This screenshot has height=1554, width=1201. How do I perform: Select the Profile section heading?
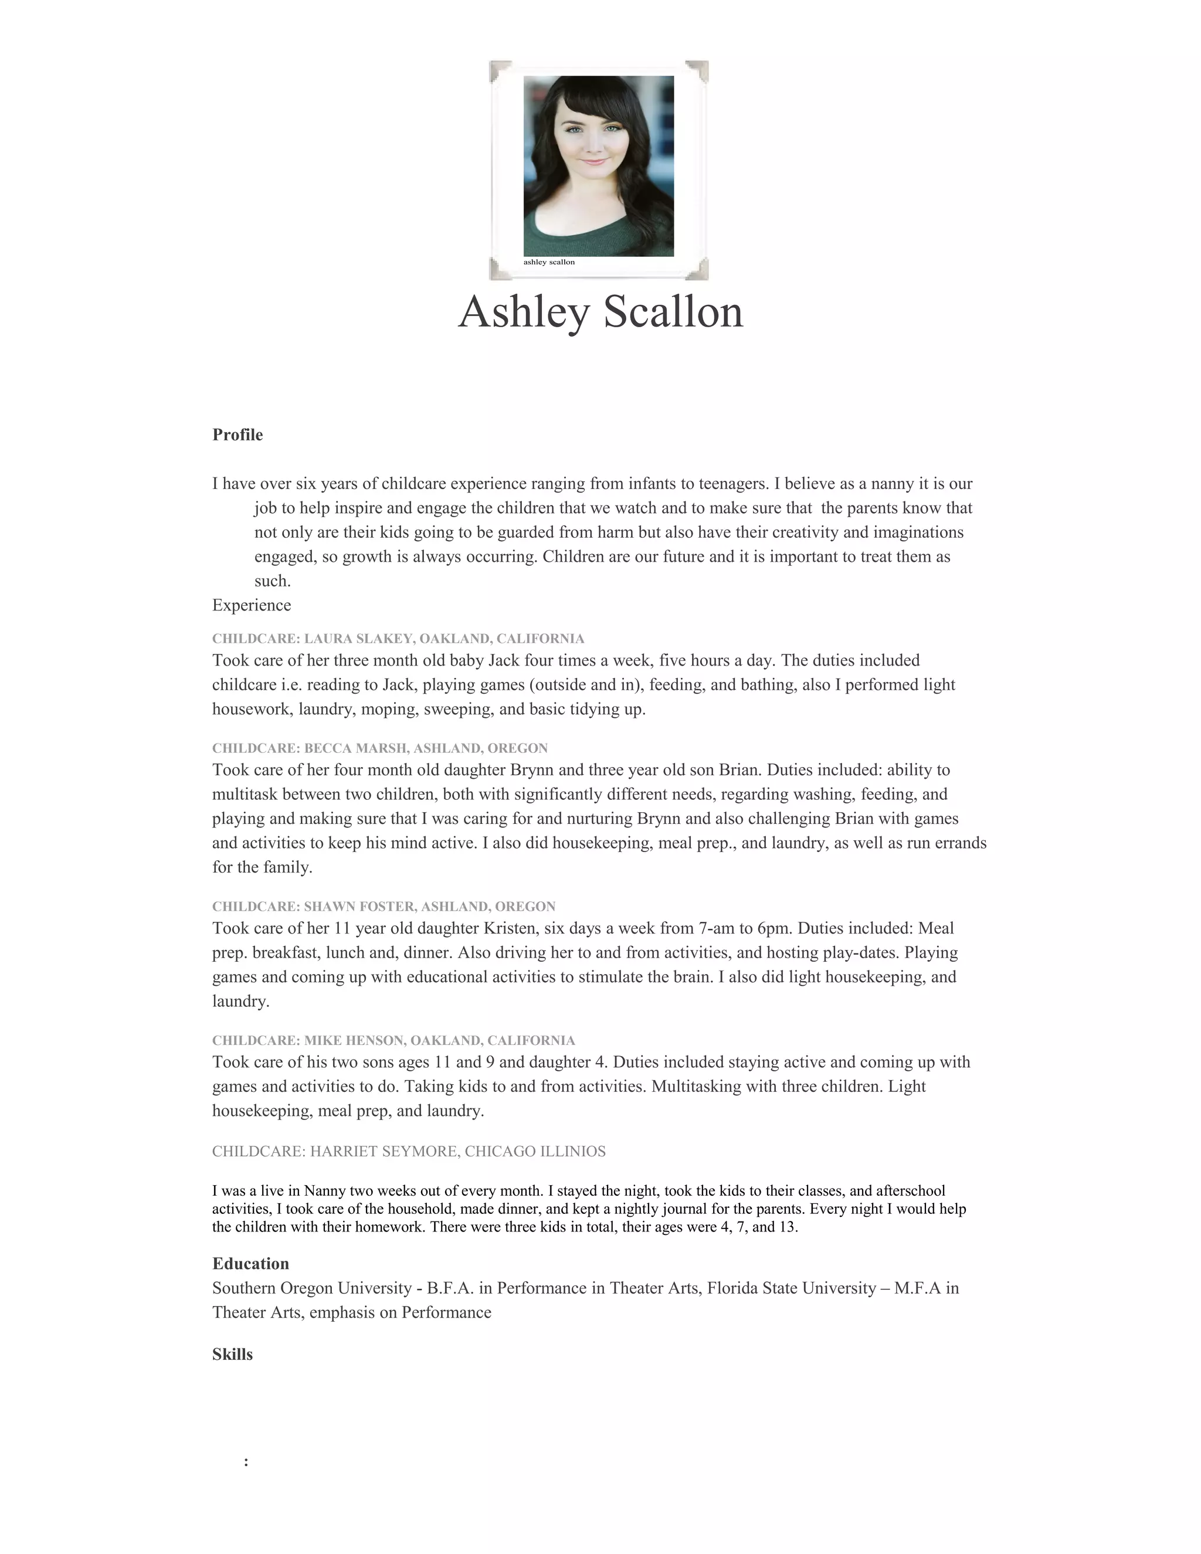pyautogui.click(x=237, y=435)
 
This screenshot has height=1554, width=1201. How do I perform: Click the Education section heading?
pyautogui.click(x=250, y=1264)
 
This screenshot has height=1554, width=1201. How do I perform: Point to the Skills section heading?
pyautogui.click(x=232, y=1354)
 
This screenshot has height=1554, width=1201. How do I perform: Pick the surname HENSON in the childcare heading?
pyautogui.click(x=374, y=1040)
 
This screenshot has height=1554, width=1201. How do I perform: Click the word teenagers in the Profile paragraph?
pyautogui.click(x=733, y=484)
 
